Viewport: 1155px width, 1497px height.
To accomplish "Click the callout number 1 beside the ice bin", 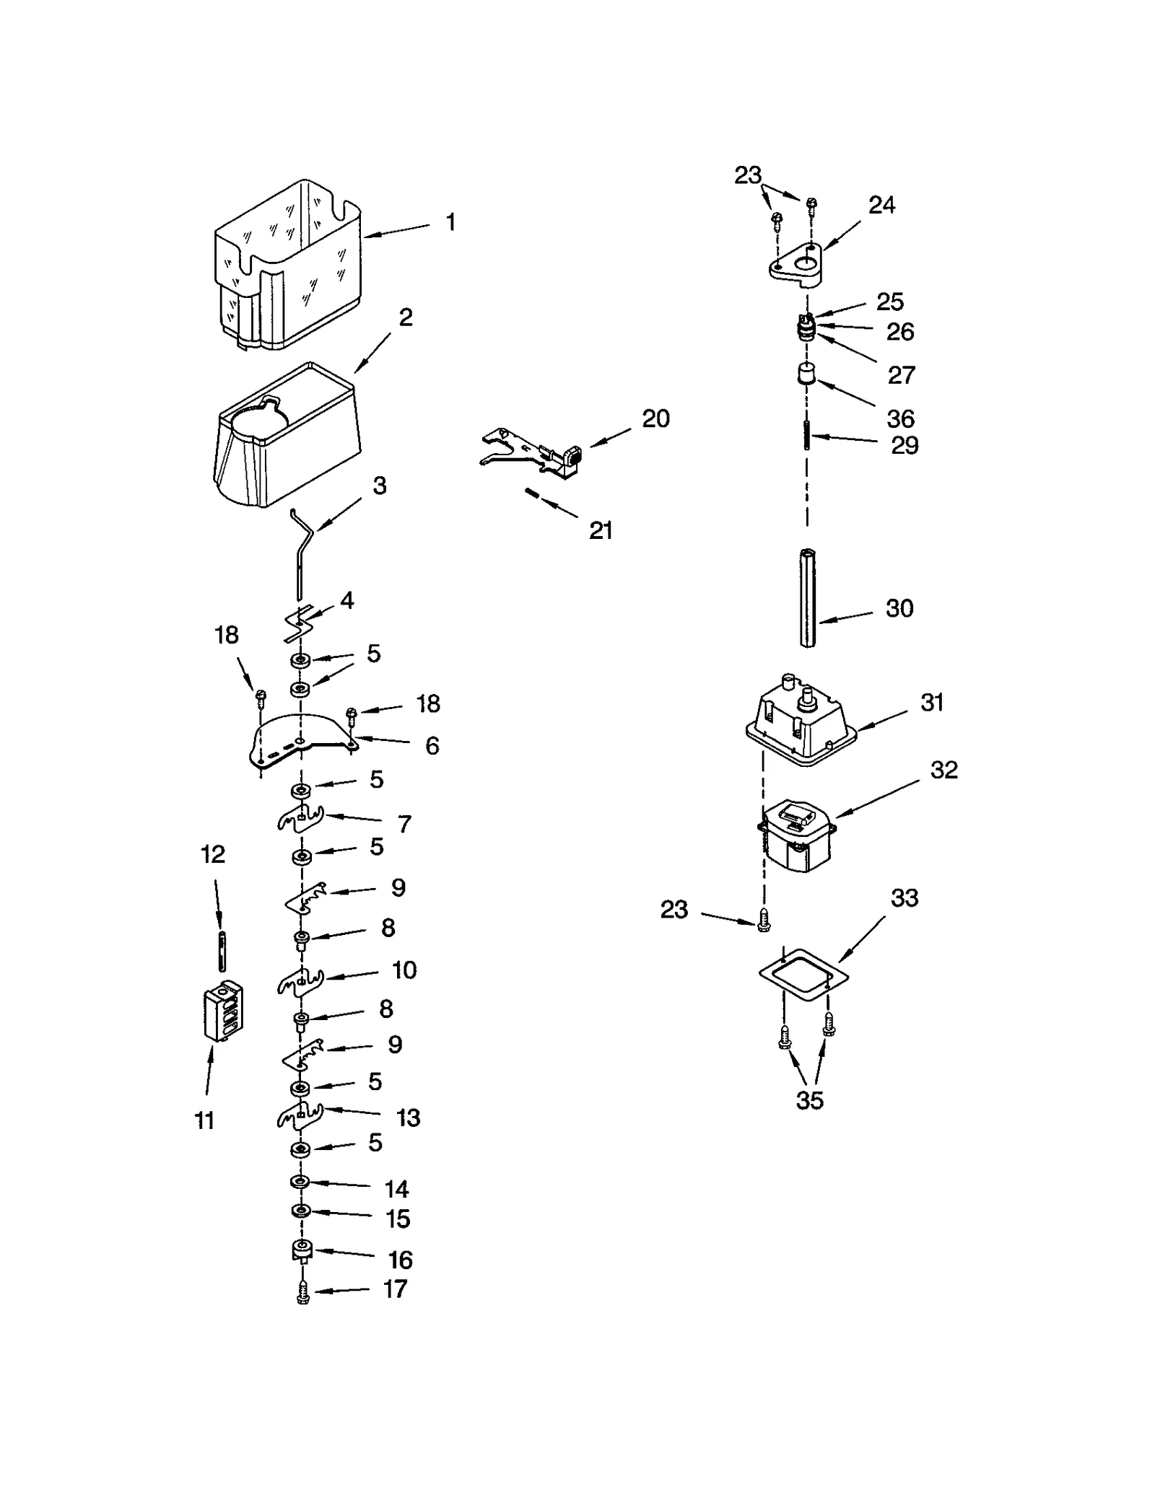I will point(450,222).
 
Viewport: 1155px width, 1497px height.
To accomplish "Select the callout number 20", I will point(655,418).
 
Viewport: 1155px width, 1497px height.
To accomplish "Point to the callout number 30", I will point(899,608).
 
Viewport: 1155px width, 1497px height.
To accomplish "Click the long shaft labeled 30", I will point(807,598).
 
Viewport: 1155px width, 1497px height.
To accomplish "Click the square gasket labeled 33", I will point(803,977).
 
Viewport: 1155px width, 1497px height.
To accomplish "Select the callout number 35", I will point(809,1100).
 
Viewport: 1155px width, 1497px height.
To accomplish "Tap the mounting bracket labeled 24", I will point(796,265).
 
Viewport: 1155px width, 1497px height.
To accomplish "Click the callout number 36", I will point(900,418).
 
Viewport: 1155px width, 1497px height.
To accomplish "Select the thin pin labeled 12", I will point(222,952).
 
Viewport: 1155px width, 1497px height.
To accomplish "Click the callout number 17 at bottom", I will point(395,1289).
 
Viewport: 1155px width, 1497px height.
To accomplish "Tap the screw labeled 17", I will point(303,1291).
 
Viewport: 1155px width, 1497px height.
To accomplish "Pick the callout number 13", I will point(408,1118).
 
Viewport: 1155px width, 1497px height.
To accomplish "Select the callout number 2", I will point(406,317).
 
